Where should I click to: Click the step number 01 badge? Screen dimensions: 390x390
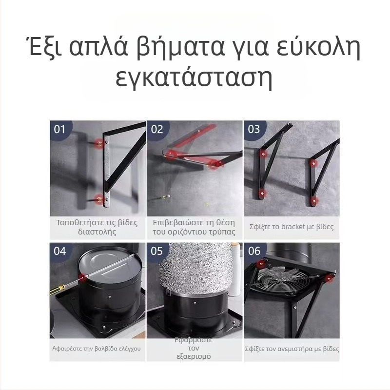pos(59,129)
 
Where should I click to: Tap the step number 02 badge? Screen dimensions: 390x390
pos(157,129)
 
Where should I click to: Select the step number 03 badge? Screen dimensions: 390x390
pos(254,129)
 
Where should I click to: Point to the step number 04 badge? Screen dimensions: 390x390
pos(59,251)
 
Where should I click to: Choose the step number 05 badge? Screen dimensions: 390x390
pos(157,251)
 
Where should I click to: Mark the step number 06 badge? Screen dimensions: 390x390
pos(254,251)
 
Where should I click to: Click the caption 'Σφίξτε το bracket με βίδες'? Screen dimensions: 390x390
pos(292,227)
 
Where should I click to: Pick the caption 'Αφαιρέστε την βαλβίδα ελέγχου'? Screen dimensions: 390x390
pos(97,349)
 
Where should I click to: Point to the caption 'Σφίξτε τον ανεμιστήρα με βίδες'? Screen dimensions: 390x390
pos(292,349)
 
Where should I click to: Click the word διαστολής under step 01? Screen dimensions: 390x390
pos(97,232)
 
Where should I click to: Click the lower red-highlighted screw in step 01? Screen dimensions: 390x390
pos(100,199)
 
